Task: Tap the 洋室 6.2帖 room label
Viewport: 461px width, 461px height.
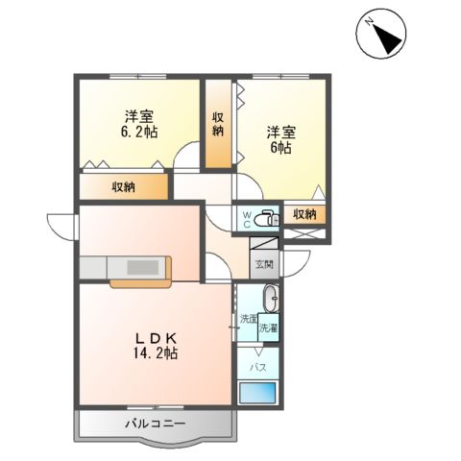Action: click(x=139, y=123)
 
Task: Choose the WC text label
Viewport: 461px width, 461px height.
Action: click(x=246, y=218)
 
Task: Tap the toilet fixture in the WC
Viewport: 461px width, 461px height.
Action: click(x=268, y=215)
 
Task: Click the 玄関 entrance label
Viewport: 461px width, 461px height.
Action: click(x=264, y=263)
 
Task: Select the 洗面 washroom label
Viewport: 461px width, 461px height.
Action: click(x=248, y=318)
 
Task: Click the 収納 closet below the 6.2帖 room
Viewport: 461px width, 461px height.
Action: click(x=123, y=186)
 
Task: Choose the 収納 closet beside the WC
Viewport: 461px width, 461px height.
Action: click(x=305, y=214)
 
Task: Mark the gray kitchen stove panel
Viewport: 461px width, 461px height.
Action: click(x=143, y=267)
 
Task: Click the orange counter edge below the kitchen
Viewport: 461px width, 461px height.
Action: click(x=141, y=282)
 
